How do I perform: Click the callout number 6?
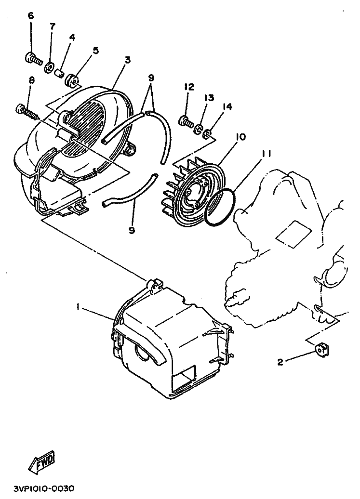[x=31, y=15]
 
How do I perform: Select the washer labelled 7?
[x=50, y=67]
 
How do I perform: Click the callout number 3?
[x=127, y=60]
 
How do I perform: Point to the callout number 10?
[x=240, y=137]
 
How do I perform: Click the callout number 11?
[x=267, y=154]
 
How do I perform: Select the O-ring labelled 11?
[x=219, y=207]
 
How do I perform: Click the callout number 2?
[x=280, y=362]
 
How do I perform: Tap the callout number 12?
[x=189, y=87]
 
